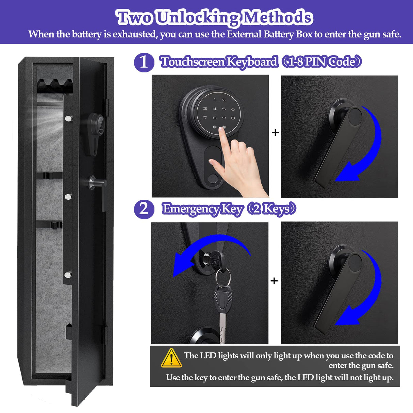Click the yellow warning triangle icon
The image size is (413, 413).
(x=171, y=359)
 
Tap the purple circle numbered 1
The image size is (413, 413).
(x=144, y=62)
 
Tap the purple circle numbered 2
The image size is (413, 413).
(x=144, y=209)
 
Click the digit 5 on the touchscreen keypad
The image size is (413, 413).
(x=224, y=109)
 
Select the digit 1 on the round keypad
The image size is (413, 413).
(x=215, y=100)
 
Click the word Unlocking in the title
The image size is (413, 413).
(x=198, y=17)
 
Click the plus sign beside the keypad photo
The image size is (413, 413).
(x=275, y=133)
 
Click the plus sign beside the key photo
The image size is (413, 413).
(x=274, y=281)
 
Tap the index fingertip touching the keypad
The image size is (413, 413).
(x=222, y=132)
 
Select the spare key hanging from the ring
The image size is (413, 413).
(x=223, y=313)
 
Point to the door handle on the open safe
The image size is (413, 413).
(x=99, y=185)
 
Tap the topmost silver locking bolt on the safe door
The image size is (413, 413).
(x=69, y=118)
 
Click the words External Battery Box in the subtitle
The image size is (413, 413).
(x=269, y=34)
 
